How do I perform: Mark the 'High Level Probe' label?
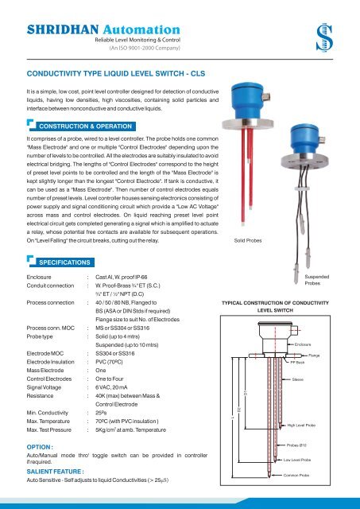[x=302, y=425]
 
